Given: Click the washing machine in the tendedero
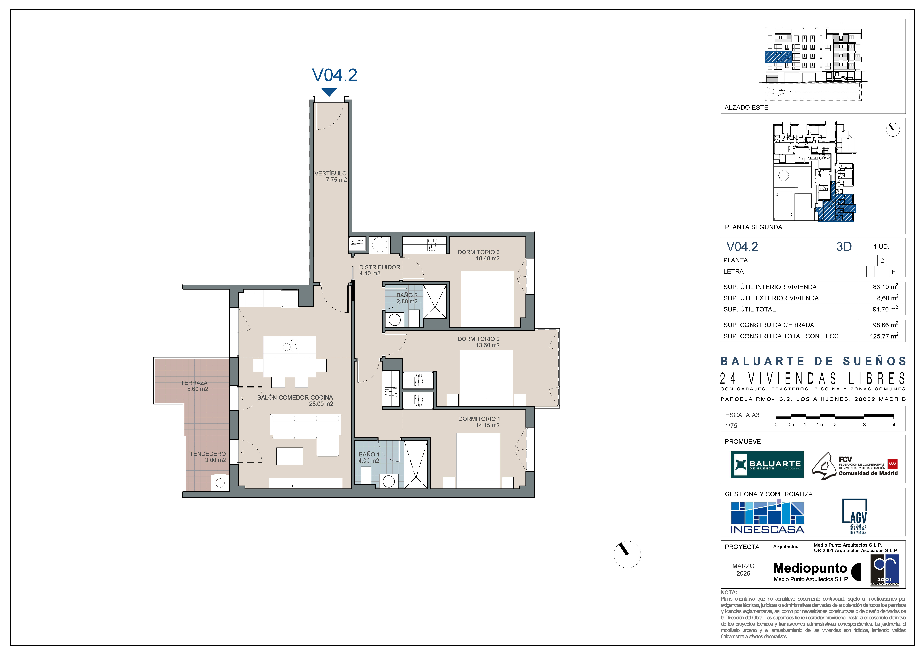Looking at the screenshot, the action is [220, 483].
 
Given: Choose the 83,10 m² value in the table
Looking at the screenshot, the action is [885, 287].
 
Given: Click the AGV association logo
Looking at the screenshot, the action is [855, 516].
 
